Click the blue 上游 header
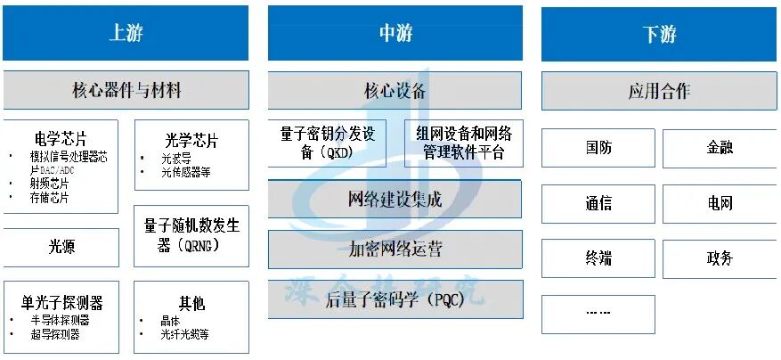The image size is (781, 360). click(126, 34)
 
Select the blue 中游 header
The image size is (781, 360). click(395, 34)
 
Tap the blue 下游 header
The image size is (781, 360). click(659, 34)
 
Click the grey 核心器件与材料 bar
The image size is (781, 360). click(126, 90)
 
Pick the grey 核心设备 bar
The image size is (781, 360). click(395, 90)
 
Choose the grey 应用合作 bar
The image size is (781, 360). click(659, 91)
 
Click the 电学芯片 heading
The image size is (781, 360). click(61, 139)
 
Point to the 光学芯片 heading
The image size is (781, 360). click(191, 141)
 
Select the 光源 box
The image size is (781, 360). click(61, 247)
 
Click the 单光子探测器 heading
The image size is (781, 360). click(61, 302)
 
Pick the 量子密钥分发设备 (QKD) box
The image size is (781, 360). click(328, 143)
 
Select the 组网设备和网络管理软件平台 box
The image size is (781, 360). click(464, 143)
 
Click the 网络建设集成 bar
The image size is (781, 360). click(395, 199)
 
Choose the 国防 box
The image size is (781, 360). click(598, 148)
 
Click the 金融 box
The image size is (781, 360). click(720, 148)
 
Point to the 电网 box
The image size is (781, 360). click(720, 203)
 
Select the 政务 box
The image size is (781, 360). click(720, 258)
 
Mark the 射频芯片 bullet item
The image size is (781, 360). click(48, 184)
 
